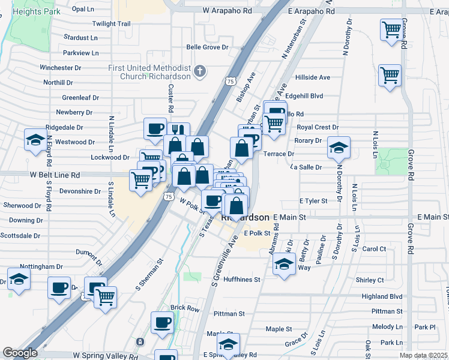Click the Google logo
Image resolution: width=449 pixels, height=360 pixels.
click(x=20, y=353)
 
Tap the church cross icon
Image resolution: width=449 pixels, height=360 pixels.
click(x=200, y=73)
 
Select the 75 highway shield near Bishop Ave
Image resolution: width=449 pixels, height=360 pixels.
click(x=231, y=80)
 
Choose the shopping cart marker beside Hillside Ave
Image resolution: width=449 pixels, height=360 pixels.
click(x=390, y=76)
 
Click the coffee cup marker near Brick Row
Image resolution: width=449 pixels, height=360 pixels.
click(x=162, y=323)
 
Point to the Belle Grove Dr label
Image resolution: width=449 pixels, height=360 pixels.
click(x=208, y=47)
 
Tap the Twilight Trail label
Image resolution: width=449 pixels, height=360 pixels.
click(x=111, y=24)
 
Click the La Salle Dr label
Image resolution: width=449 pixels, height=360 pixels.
click(x=306, y=167)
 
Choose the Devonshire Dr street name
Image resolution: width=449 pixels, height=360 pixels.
click(x=80, y=191)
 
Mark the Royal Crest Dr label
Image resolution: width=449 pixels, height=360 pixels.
click(x=318, y=127)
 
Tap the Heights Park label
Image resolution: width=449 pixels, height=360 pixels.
click(x=32, y=11)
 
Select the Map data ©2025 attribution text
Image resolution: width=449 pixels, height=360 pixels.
click(x=424, y=355)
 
